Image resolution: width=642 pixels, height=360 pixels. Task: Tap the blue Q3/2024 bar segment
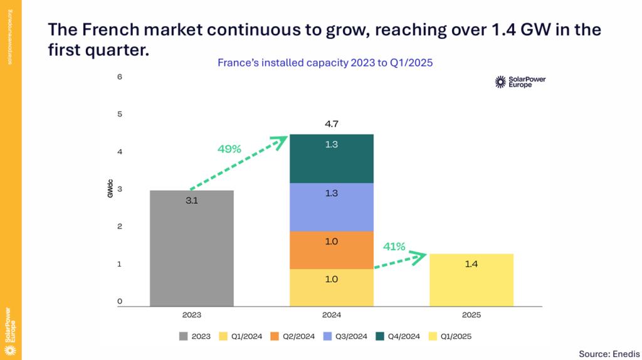332,207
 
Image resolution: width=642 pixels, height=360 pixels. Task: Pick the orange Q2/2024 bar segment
332,251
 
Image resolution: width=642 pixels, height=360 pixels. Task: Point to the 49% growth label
229,149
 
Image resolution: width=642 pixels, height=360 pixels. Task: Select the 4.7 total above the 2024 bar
332,124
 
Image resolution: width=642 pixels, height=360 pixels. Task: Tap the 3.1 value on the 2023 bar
192,202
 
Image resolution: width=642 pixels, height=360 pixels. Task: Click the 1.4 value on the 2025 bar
471,265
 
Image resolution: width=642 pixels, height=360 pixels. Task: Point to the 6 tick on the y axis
119,77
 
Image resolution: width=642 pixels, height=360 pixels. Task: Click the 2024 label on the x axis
332,315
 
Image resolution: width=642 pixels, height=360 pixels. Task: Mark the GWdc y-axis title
110,189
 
